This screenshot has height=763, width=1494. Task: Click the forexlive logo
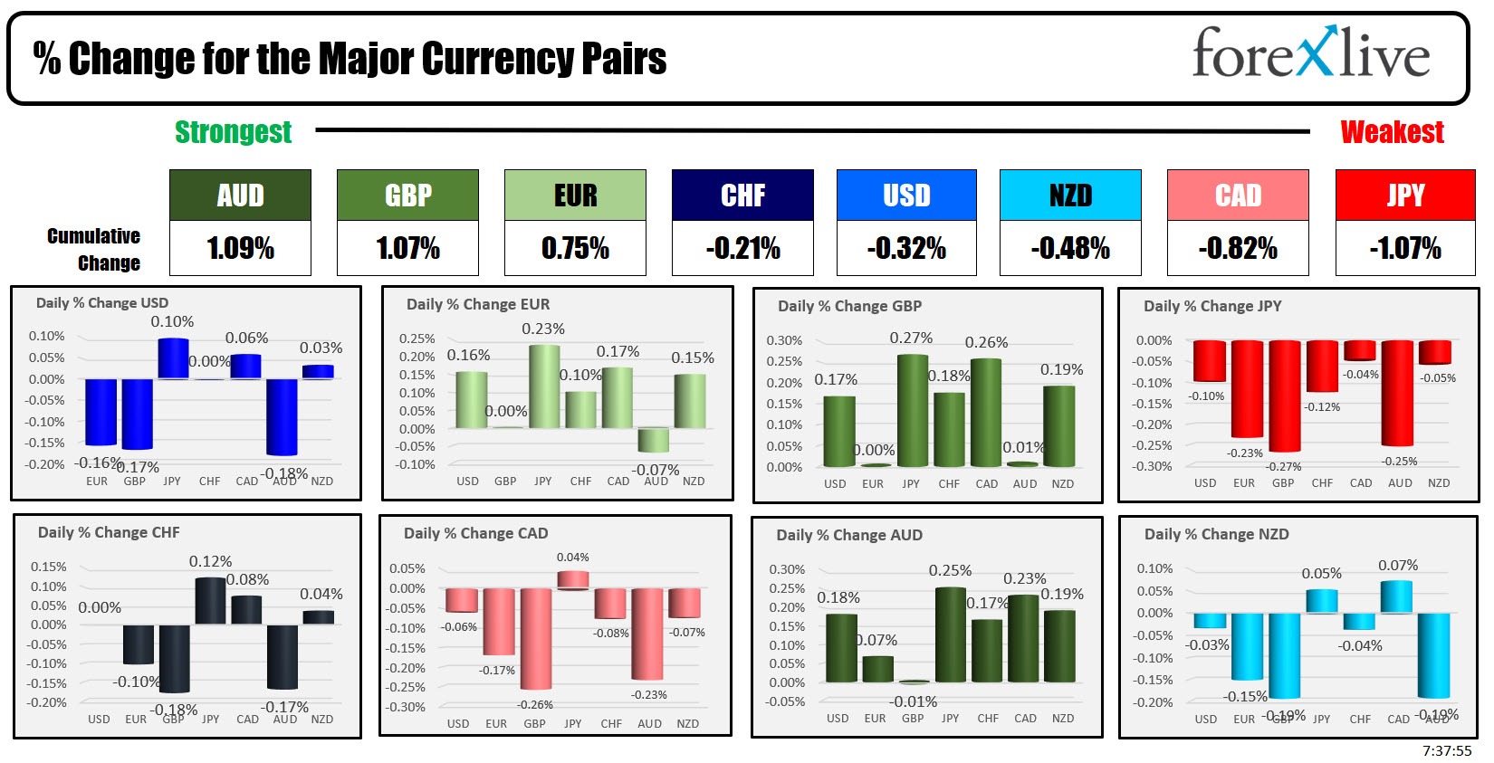(1310, 54)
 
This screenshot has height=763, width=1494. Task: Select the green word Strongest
(233, 132)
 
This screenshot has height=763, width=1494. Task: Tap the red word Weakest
(1392, 132)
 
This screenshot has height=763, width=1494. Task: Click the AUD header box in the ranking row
(240, 196)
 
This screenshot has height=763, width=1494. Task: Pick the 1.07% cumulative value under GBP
(407, 248)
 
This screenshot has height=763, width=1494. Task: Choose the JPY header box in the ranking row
(1405, 196)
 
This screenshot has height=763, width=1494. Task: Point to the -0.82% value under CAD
(1238, 248)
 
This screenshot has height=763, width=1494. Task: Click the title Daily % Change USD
(101, 303)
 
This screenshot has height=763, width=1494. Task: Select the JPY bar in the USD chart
(173, 358)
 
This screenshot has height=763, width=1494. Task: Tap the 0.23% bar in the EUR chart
(543, 386)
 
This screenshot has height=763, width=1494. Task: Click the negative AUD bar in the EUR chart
(654, 440)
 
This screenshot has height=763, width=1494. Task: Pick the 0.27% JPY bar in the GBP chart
(912, 410)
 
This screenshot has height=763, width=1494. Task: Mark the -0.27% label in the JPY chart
(1284, 467)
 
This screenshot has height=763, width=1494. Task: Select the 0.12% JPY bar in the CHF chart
(210, 601)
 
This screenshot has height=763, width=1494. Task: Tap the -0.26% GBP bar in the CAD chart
(535, 638)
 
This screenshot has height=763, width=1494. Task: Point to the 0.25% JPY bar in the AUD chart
(950, 634)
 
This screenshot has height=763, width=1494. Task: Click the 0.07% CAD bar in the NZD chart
(1396, 597)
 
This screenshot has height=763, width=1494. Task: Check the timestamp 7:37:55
(1446, 751)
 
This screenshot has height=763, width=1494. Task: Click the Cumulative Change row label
(95, 250)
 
